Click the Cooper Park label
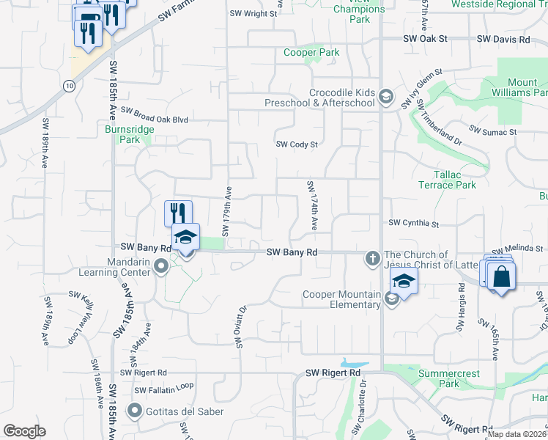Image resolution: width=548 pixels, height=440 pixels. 311,53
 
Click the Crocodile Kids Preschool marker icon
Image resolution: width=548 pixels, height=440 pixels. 386,97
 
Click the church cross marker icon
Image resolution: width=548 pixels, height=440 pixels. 372,258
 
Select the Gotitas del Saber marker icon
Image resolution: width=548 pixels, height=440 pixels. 134,410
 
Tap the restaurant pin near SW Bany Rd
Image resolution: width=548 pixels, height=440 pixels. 178,213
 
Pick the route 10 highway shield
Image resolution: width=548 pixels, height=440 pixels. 68,87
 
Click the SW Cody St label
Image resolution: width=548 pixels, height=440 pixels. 296,144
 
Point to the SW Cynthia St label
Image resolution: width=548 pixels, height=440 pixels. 413,223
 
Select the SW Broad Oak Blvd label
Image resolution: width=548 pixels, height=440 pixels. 155,115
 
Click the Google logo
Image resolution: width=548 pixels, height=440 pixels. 25,431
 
